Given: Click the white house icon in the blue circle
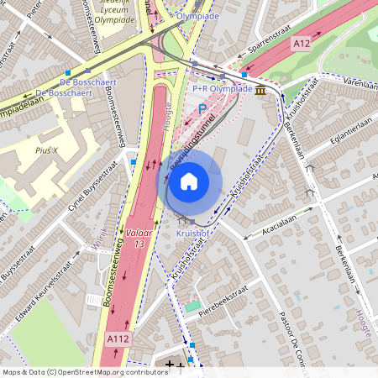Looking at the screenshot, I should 189,181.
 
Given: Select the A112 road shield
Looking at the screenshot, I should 118,338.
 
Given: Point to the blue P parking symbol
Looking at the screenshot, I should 202,108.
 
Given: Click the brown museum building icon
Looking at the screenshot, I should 261,90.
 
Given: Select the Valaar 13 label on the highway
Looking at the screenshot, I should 139,237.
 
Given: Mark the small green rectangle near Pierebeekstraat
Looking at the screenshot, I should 193,307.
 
